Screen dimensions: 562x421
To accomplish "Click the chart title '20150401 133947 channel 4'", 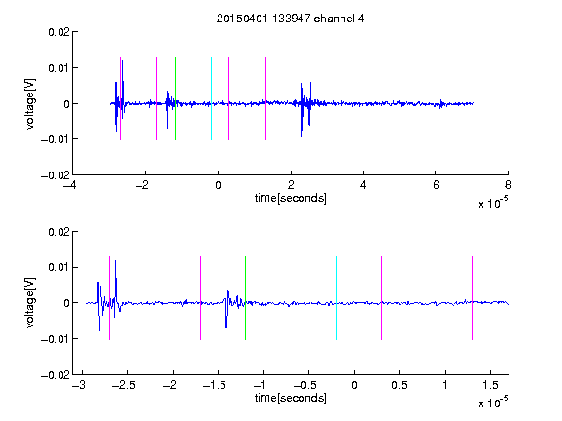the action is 290,19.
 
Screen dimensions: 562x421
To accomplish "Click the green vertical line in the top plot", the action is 175,98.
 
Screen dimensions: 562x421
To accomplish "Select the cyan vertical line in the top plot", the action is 211,98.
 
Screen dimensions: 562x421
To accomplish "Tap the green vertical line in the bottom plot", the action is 245,298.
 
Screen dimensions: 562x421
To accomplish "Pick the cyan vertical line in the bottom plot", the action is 336,298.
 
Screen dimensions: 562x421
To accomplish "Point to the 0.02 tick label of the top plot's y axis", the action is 59,32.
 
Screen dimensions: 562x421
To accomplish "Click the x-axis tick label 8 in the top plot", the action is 508,185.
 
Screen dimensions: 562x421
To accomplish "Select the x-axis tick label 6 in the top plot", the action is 436,185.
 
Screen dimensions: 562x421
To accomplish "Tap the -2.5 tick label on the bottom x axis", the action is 124,385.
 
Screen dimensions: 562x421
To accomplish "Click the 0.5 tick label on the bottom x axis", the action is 399,385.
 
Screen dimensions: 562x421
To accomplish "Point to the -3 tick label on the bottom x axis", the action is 79,385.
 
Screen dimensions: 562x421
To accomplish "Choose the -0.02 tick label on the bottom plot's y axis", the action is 56,375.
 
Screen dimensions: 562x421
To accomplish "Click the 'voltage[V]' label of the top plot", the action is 31,104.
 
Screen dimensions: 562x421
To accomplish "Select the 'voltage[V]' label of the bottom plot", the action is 31,302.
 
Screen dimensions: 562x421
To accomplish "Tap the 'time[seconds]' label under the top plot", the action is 291,198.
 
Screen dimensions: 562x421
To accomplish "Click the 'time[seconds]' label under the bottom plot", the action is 291,398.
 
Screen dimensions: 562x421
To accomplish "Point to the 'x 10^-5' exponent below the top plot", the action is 493,203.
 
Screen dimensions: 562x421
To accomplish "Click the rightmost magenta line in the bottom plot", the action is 472,298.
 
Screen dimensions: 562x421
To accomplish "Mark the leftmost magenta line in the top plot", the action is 120,98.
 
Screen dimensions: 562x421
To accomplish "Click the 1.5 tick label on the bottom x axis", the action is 490,385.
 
